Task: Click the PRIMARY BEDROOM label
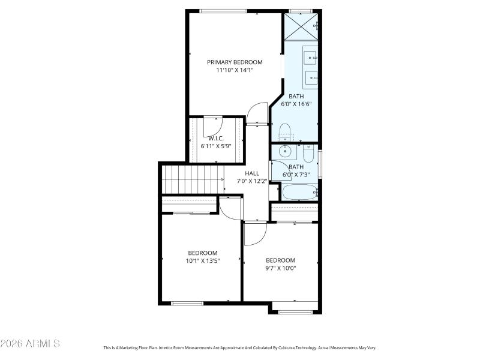(235, 62)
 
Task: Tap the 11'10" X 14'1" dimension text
(235, 70)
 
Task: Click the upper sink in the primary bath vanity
(310, 57)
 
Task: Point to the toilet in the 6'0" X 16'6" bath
(285, 131)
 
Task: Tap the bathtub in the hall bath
(299, 191)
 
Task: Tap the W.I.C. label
(216, 138)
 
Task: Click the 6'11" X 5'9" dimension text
(216, 146)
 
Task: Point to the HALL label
(251, 173)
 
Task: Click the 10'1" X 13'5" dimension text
(202, 260)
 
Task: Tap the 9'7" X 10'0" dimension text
(281, 268)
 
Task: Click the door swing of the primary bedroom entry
(257, 113)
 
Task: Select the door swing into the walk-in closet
(213, 125)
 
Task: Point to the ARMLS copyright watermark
(30, 344)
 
